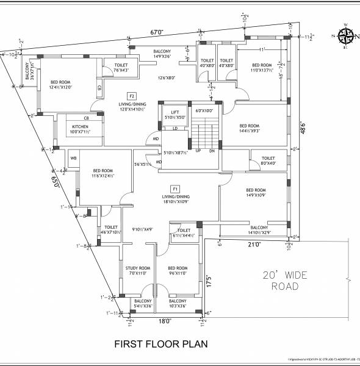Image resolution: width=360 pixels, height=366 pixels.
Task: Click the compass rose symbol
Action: click(x=344, y=35)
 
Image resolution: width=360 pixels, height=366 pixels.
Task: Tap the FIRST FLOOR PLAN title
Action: click(x=161, y=344)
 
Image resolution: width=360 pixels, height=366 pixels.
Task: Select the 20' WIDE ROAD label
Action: click(x=281, y=280)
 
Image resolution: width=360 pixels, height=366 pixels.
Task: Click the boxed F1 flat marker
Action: click(x=176, y=188)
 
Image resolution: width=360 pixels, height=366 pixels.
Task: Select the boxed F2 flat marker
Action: click(x=131, y=96)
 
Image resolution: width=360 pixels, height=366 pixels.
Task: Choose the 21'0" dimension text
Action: click(x=254, y=244)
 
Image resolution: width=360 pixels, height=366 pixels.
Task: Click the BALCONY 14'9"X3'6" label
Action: click(x=157, y=54)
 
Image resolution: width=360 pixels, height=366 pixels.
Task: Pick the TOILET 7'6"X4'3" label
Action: click(x=120, y=68)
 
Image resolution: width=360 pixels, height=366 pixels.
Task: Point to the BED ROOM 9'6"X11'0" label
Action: click(x=178, y=270)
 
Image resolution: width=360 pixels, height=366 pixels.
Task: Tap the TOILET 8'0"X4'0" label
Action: click(x=268, y=160)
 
